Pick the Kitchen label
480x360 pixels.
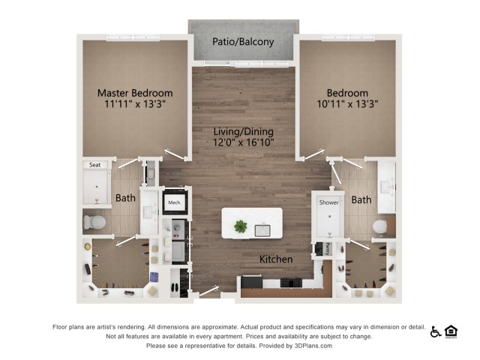pos(275,259)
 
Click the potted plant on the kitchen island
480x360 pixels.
pos(240,226)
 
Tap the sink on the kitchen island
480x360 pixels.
pos(263,229)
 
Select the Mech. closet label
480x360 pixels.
pos(174,202)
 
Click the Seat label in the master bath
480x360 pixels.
pos(95,165)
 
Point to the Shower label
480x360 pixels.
pos(329,202)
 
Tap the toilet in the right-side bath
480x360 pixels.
pos(380,226)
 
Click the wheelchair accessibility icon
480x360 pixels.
pos(436,331)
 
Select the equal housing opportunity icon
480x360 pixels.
pos(451,331)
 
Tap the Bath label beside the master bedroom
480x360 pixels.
pos(124,199)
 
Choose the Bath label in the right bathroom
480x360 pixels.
pos(361,200)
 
